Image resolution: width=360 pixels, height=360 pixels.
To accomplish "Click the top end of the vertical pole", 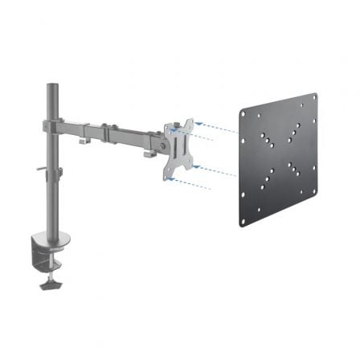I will (x=51, y=84).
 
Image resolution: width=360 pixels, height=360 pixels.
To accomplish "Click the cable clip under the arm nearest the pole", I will (x=84, y=142).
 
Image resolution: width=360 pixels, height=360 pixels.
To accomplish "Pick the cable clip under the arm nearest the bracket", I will (x=149, y=152).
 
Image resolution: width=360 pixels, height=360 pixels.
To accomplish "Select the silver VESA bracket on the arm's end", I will (x=180, y=145).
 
